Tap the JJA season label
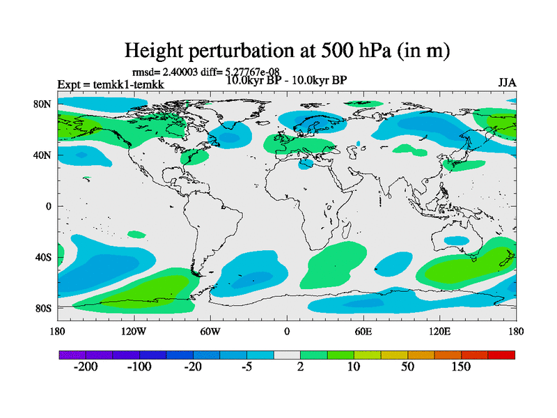pyautogui.click(x=507, y=83)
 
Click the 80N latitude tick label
pyautogui.click(x=43, y=104)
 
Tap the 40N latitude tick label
pyautogui.click(x=43, y=155)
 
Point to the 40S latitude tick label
pyautogui.click(x=43, y=257)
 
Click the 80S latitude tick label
pyautogui.click(x=43, y=308)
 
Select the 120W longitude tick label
pyautogui.click(x=134, y=331)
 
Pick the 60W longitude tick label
pyautogui.click(x=210, y=331)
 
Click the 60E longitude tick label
pyautogui.click(x=363, y=331)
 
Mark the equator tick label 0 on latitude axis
pyautogui.click(x=49, y=206)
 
